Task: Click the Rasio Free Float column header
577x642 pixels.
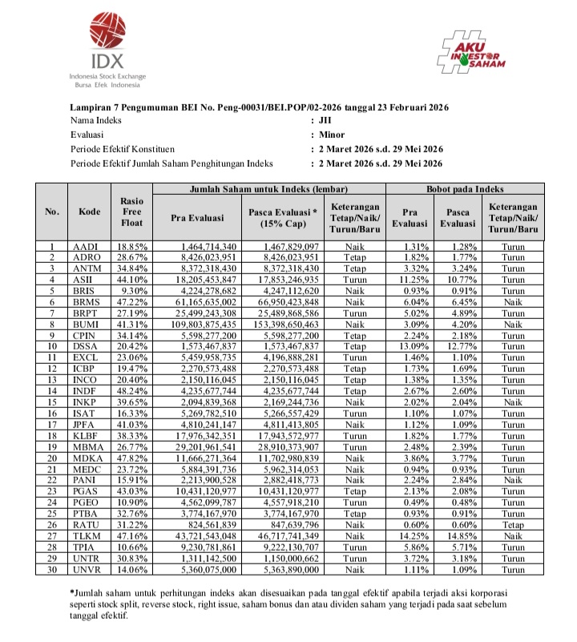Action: click(x=131, y=212)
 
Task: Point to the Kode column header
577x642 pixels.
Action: click(x=90, y=212)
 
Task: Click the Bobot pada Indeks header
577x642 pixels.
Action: click(x=465, y=189)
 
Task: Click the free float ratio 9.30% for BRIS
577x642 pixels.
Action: click(x=134, y=291)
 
